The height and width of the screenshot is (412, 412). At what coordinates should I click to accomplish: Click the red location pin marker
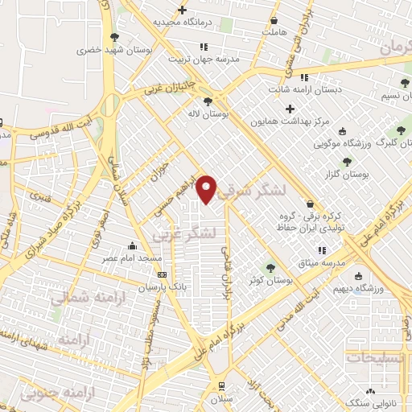pos(207,189)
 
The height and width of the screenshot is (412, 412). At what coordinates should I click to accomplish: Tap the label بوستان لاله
pos(209,115)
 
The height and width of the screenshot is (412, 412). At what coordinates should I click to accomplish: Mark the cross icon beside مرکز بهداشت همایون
pos(290,108)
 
